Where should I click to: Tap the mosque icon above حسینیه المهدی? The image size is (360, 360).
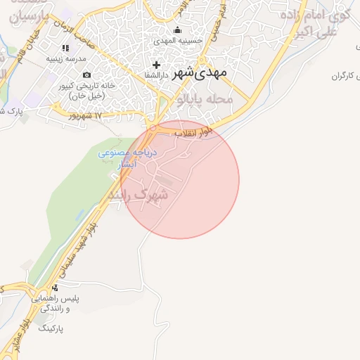pos(177,30)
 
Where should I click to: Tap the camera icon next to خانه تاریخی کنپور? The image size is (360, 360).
pos(86,75)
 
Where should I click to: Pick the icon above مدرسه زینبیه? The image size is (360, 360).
pos(65,48)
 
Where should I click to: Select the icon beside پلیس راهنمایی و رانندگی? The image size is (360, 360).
pos(56,287)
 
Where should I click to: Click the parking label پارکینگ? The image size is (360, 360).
pos(50,328)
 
